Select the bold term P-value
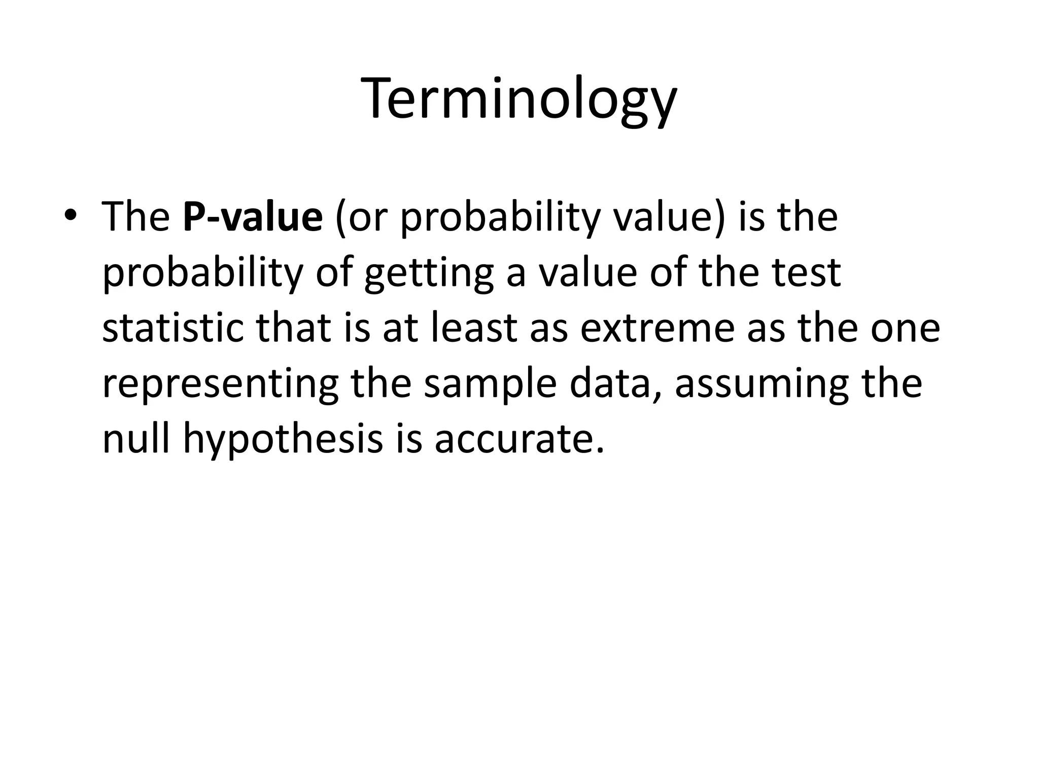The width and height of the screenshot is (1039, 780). [x=253, y=217]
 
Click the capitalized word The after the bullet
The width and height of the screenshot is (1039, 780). [x=135, y=217]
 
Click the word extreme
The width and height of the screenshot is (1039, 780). [x=657, y=329]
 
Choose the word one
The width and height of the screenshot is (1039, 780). [x=906, y=329]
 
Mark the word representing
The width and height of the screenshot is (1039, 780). [x=220, y=385]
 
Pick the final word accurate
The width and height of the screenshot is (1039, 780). [x=519, y=440]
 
